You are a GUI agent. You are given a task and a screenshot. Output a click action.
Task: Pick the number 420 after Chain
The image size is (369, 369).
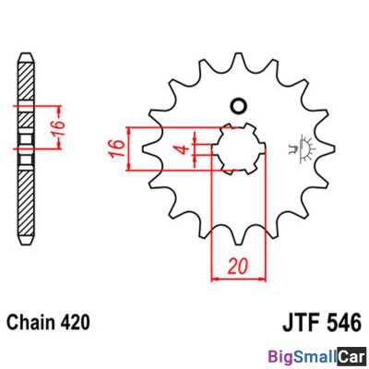pyautogui.click(x=73, y=324)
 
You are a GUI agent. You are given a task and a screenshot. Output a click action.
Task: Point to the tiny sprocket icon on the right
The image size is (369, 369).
pyautogui.click(x=302, y=147)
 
